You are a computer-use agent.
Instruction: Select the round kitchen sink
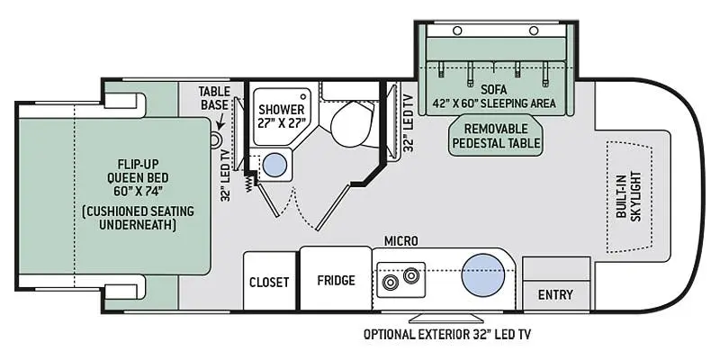coord(483,274)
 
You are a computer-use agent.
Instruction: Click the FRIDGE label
coord(336,280)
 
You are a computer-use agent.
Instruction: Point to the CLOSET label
coord(269,282)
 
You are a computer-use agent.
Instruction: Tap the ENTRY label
coord(555,294)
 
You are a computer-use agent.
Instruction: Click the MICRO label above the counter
coord(401,240)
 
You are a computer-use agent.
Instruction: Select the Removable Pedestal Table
coord(496,136)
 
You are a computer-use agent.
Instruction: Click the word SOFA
coord(494,88)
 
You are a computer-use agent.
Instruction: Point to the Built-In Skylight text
coord(629,196)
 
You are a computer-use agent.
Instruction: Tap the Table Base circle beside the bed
coord(216,139)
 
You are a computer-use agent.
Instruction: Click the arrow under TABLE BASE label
coord(220,121)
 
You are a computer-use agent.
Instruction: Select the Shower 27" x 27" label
coord(281,117)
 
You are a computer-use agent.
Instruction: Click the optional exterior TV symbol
coord(445,319)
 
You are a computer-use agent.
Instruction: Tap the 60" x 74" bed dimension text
coord(141,191)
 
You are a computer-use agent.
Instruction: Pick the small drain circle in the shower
coord(303,97)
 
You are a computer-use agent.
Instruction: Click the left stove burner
coord(390,282)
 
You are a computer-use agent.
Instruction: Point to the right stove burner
coord(411,275)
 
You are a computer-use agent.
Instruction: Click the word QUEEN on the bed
coord(138,177)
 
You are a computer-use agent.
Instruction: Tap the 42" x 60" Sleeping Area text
coord(494,103)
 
